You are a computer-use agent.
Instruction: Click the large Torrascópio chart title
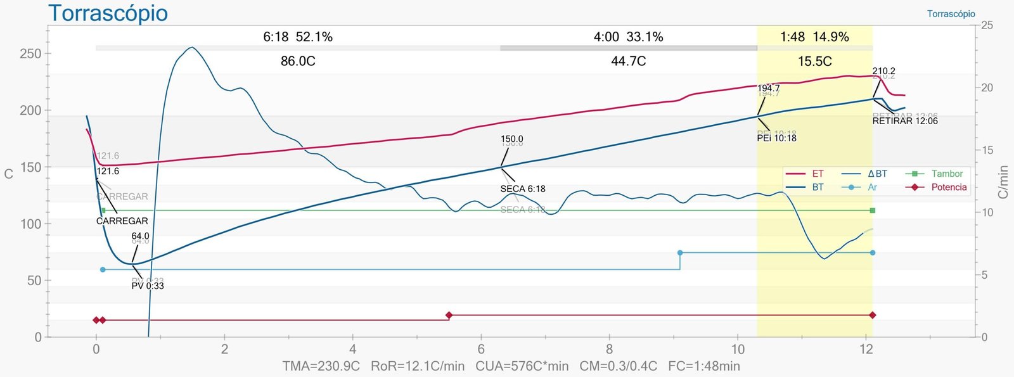pos(108,13)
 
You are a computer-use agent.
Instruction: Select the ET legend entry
pos(818,174)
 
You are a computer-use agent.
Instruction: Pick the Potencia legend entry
pos(949,188)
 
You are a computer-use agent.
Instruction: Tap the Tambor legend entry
pos(947,174)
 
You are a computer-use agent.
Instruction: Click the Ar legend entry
pos(872,188)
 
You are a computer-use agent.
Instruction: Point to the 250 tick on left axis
pos(30,54)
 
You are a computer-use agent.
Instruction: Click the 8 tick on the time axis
pos(609,349)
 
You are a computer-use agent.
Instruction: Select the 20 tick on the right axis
pos(987,88)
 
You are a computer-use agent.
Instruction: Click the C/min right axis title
pos(1003,182)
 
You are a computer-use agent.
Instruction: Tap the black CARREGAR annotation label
pos(122,221)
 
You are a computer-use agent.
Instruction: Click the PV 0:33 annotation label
pos(148,286)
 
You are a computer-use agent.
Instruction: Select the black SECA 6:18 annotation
pos(522,189)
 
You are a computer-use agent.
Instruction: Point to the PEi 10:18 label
pos(776,138)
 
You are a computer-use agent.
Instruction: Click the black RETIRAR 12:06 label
pos(905,121)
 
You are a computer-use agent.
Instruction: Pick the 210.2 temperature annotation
pos(883,72)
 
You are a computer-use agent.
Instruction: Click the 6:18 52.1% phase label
pos(298,37)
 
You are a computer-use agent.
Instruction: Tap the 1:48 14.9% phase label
pos(814,37)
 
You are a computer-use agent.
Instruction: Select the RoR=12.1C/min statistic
pos(418,366)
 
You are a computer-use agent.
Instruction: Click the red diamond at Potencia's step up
pos(449,315)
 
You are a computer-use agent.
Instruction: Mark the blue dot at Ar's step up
pos(680,253)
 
